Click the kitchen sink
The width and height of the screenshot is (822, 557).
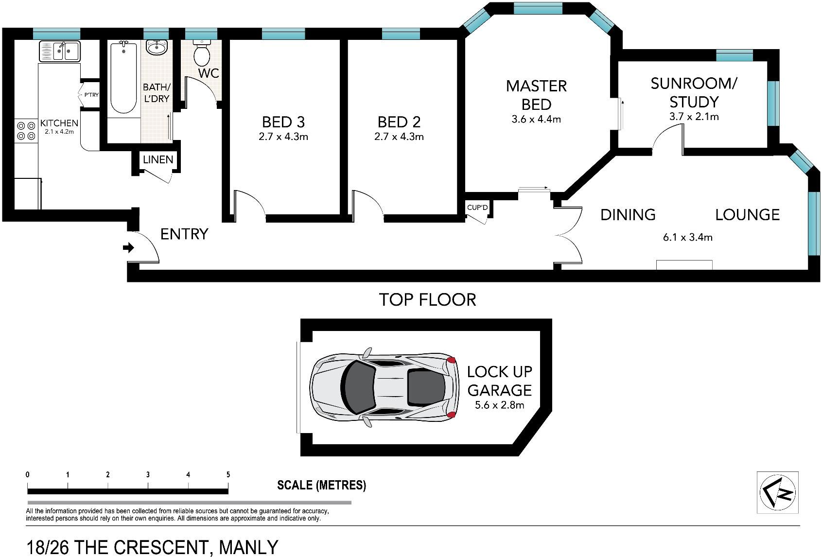tap(60, 51)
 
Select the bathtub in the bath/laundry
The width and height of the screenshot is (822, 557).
tap(123, 77)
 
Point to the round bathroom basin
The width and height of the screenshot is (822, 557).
tap(157, 47)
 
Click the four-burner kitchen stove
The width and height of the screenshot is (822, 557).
tap(26, 131)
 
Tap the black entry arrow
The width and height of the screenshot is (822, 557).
tap(128, 248)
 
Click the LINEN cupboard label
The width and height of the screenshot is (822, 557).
tap(158, 159)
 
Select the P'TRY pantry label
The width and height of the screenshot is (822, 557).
tap(91, 95)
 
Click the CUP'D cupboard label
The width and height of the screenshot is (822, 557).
tap(477, 208)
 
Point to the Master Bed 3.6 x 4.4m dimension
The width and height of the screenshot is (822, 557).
tap(536, 119)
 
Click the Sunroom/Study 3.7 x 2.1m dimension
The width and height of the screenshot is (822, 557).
tap(694, 117)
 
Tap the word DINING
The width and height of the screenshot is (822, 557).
tap(628, 215)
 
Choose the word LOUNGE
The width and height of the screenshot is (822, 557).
tap(748, 215)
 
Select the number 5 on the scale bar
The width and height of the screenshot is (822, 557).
tap(228, 474)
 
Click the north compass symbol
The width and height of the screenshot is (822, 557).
tap(778, 492)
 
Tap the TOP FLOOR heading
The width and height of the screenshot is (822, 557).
tap(427, 300)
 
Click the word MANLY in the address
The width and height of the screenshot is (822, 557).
tap(248, 547)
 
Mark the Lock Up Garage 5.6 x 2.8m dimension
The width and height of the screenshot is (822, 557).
tap(499, 405)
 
